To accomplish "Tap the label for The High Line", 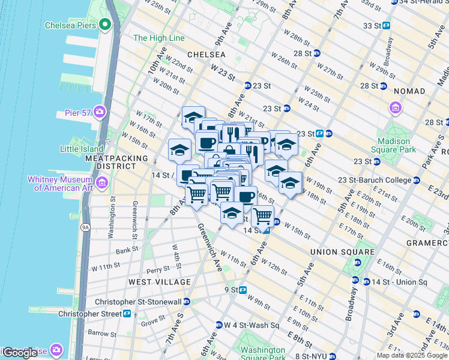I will (159, 38).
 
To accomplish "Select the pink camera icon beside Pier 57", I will (100, 112).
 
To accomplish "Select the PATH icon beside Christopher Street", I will (127, 314).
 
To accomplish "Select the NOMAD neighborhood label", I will (409, 91).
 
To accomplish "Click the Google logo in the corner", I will (20, 352).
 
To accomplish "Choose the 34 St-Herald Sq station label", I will (420, 2).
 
